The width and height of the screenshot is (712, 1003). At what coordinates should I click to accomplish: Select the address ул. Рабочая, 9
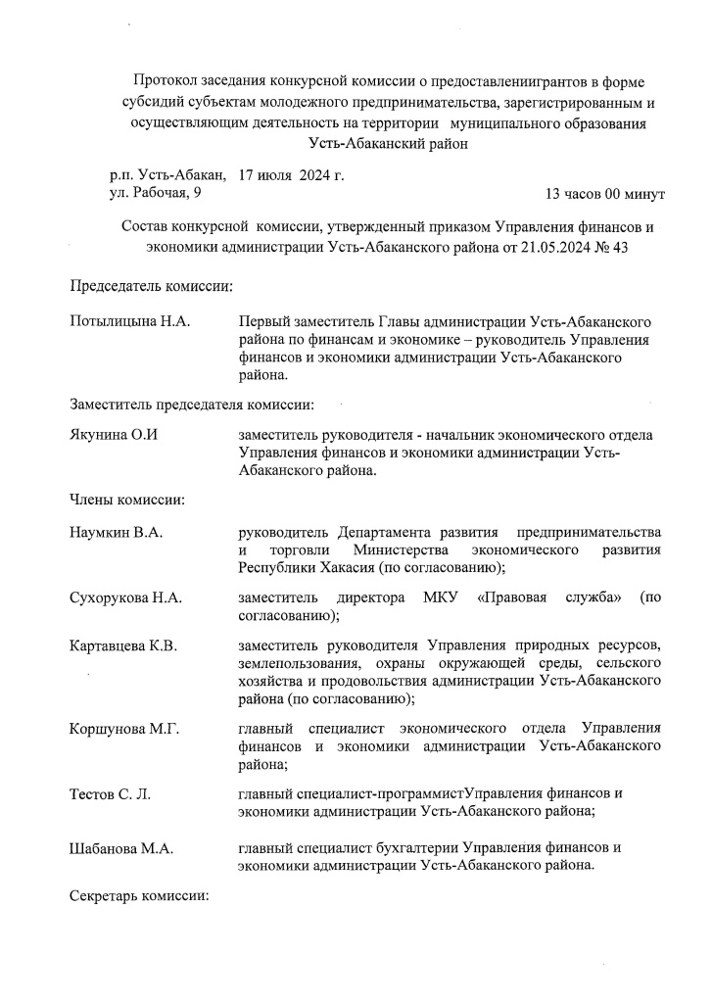(x=155, y=194)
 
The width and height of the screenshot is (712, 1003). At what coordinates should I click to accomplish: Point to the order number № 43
(x=607, y=247)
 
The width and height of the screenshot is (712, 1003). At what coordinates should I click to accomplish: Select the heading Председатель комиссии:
(x=152, y=287)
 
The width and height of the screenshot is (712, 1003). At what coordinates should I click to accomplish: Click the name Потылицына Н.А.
(x=129, y=322)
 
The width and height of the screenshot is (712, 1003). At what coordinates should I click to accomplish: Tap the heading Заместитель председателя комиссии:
(x=192, y=404)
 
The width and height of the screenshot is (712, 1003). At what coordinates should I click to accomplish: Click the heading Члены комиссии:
(x=127, y=501)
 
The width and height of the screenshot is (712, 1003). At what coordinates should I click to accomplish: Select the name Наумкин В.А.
(x=116, y=533)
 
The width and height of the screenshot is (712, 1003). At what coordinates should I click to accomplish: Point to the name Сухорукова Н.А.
(x=126, y=597)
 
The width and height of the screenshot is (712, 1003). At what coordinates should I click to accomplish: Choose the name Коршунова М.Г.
(x=124, y=730)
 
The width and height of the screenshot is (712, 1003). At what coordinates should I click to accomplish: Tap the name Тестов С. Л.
(x=110, y=794)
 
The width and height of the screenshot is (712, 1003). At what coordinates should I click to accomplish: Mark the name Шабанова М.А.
(x=121, y=849)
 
